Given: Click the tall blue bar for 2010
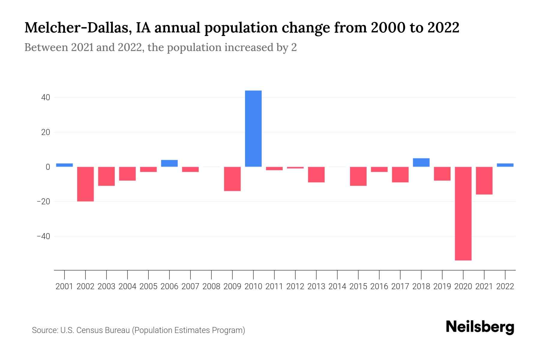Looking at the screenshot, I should [x=253, y=128].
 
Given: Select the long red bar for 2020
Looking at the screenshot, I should [x=463, y=213].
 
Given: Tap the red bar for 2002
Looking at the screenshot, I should [x=85, y=184].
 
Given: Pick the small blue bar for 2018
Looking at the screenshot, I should [x=421, y=162].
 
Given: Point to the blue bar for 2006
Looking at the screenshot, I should [x=169, y=163].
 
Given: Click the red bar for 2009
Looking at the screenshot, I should [x=232, y=179].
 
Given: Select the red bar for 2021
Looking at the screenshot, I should [x=484, y=181].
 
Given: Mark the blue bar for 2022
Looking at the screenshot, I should [x=505, y=165].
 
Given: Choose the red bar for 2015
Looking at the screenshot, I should [x=358, y=176].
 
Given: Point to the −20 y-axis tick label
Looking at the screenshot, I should [x=43, y=202].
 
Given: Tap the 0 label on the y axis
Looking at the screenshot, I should [x=48, y=167].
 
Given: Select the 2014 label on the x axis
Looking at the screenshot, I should [x=337, y=286].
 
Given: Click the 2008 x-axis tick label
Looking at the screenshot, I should [x=211, y=286].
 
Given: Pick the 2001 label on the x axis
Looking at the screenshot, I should [x=64, y=286].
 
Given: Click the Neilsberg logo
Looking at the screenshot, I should [x=480, y=327].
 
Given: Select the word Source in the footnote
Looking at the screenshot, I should [x=45, y=330].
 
